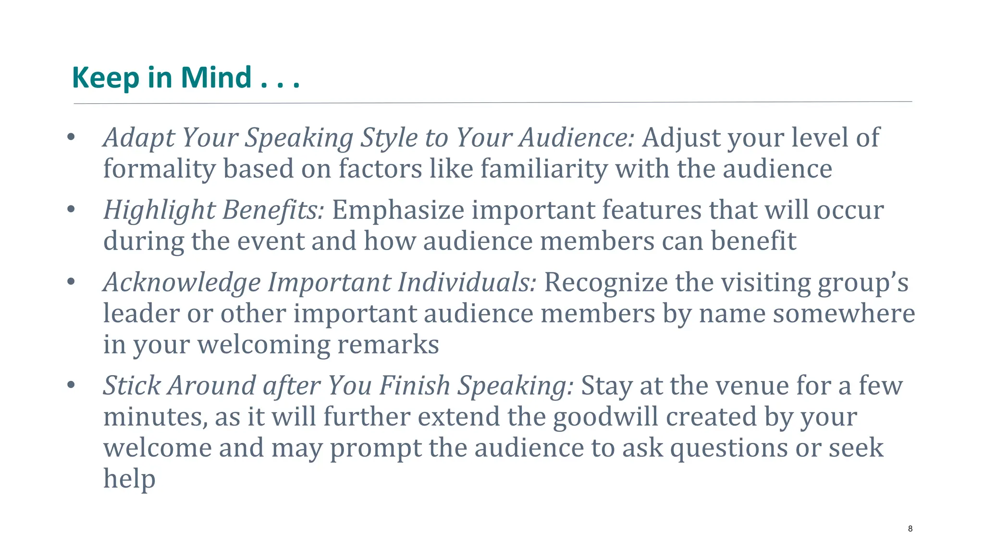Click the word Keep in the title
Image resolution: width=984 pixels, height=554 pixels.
coord(106,78)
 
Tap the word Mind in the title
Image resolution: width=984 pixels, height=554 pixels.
coord(216,78)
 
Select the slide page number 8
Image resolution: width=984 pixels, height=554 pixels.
coord(910,529)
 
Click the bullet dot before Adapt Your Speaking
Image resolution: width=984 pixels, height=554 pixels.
coord(71,137)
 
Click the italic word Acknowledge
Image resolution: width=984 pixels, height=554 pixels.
coord(182,283)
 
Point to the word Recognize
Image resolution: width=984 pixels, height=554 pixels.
coord(605,282)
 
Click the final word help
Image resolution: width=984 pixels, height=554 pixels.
coord(129,479)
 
